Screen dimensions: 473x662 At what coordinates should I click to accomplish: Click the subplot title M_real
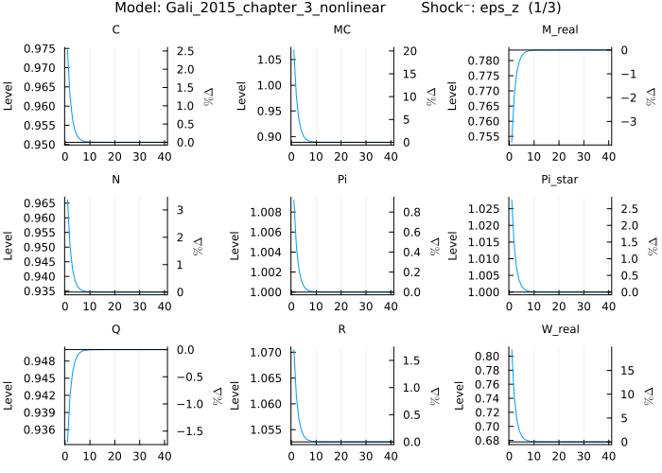coord(560,30)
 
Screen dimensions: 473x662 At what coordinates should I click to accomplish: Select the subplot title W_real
coord(560,329)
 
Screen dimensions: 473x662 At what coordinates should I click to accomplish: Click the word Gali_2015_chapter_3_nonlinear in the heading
coord(268,9)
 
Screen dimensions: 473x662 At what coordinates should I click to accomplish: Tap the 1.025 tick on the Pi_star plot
coord(488,207)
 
